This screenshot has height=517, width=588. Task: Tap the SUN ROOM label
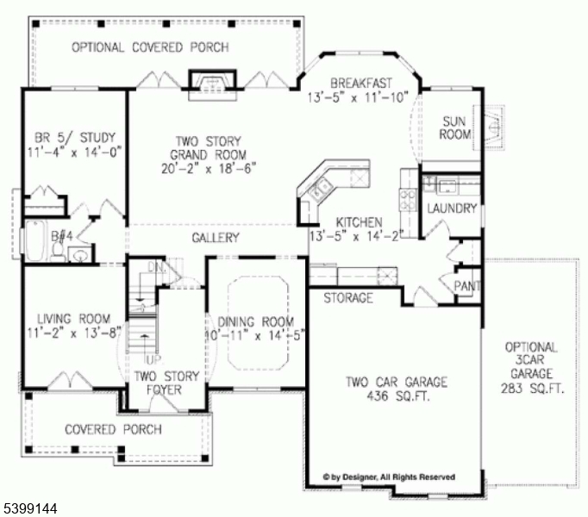coord(456,128)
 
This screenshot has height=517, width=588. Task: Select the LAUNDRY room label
coord(451,209)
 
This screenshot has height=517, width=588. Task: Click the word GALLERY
coord(215,238)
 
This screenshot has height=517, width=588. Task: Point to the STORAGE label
coord(348,298)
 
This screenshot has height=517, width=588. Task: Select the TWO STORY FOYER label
coord(166,382)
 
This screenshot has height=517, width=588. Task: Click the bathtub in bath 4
coord(35,242)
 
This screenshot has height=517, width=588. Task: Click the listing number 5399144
coord(29,509)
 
